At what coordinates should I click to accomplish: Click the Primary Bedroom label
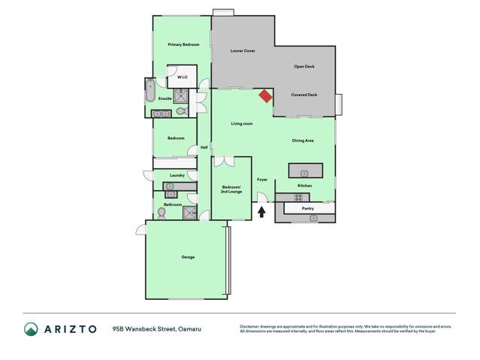click(x=183, y=45)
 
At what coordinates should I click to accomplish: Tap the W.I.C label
click(x=182, y=77)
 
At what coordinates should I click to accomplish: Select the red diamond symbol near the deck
click(x=265, y=95)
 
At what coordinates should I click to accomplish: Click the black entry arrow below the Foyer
click(x=261, y=212)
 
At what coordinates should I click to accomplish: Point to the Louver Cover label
click(x=243, y=50)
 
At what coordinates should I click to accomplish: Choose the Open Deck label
click(x=303, y=67)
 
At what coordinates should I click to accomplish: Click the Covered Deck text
click(x=304, y=95)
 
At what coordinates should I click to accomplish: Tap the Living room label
click(x=241, y=123)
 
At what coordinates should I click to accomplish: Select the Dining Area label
click(x=303, y=141)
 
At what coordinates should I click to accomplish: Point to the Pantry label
click(x=307, y=208)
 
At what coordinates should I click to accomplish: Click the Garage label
click(x=188, y=258)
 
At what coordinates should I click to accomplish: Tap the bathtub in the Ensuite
click(x=149, y=92)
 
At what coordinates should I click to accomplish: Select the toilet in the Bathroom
click(x=162, y=213)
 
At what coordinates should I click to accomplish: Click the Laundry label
click(x=177, y=175)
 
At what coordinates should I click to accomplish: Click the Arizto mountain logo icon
click(x=31, y=329)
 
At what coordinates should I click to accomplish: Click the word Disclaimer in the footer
click(x=252, y=326)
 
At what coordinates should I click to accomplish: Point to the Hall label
click(x=204, y=147)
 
